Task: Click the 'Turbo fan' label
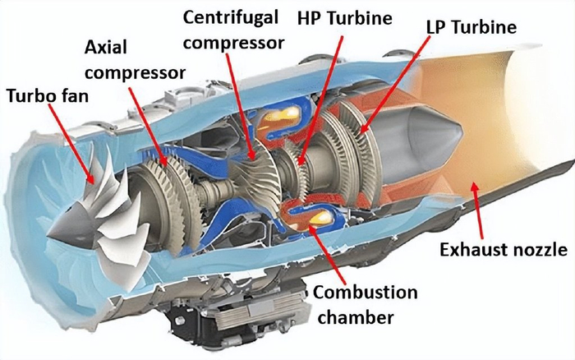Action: [48, 96]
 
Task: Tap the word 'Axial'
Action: [106, 48]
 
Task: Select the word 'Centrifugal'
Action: [231, 17]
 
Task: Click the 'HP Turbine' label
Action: [344, 18]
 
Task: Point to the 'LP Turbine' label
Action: [471, 27]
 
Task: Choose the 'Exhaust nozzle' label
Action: [504, 250]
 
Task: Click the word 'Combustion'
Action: [365, 293]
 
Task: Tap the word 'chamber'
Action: [356, 317]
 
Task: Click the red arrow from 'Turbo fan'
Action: [71, 143]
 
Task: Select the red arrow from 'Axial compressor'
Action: [149, 126]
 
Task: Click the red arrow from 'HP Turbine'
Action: [321, 100]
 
